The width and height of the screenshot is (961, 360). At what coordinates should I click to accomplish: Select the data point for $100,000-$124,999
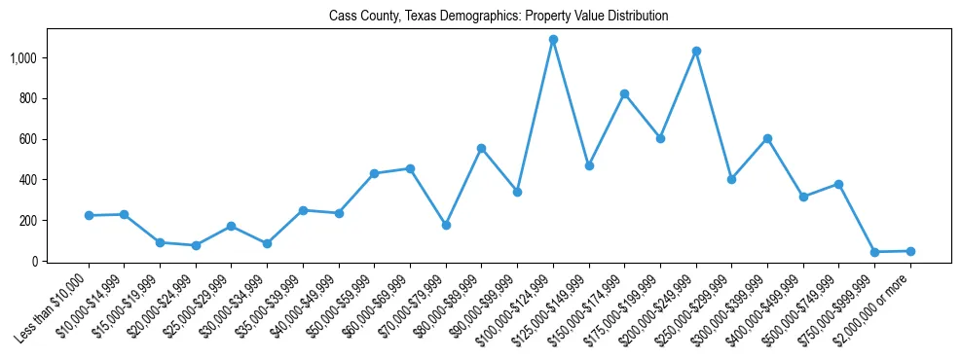tap(553, 40)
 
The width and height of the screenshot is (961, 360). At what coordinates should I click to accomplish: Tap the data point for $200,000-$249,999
tap(696, 51)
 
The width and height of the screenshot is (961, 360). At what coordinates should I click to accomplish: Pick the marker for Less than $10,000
tap(89, 215)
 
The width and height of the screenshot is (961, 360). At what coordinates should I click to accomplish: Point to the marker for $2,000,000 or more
tap(910, 251)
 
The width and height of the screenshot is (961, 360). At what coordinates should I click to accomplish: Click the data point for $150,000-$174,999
tap(624, 93)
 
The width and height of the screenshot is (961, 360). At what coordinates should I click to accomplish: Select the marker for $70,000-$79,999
tap(446, 225)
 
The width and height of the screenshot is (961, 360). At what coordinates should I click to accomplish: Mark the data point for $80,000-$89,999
tap(481, 148)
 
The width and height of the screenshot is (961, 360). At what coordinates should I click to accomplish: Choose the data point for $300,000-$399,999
tap(767, 138)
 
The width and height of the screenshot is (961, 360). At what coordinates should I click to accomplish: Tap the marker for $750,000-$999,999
tap(874, 252)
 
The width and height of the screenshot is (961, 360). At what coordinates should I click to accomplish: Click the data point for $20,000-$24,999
tap(196, 245)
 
